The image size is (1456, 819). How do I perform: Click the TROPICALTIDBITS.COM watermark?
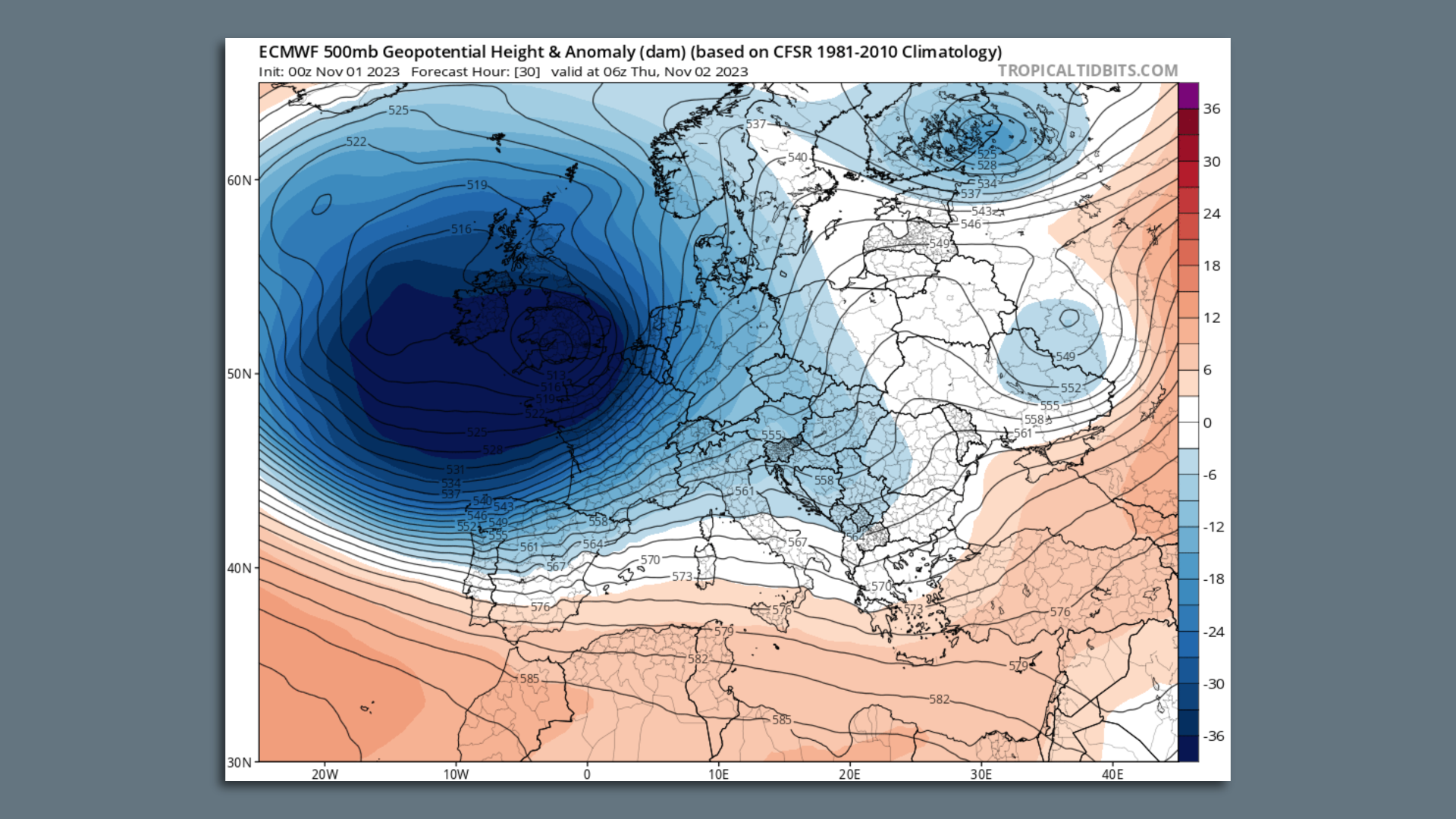click(1087, 71)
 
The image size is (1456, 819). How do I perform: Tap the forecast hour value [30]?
click(527, 72)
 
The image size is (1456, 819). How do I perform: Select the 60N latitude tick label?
click(239, 180)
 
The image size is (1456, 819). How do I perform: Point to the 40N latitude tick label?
click(239, 568)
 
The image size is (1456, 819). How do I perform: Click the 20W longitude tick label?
click(325, 774)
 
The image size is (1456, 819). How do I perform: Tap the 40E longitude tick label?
click(1112, 774)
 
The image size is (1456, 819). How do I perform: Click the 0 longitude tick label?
click(587, 774)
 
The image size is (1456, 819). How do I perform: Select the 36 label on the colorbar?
click(1212, 109)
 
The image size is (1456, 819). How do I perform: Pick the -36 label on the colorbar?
click(1213, 736)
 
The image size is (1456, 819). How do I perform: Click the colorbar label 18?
click(1212, 266)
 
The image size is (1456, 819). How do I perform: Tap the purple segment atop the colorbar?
click(1188, 96)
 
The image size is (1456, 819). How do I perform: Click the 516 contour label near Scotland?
click(461, 229)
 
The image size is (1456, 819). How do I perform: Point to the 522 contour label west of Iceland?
click(356, 142)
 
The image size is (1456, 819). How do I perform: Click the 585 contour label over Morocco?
click(529, 679)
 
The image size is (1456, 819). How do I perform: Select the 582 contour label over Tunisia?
click(698, 659)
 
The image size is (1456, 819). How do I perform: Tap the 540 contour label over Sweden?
click(797, 158)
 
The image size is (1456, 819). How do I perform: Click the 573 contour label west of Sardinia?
click(682, 577)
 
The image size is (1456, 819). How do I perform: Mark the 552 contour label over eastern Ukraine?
click(1071, 388)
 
